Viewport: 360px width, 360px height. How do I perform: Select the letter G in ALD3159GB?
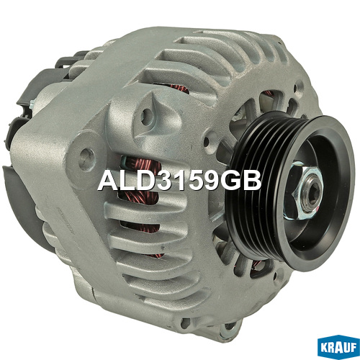pyautogui.click(x=230, y=181)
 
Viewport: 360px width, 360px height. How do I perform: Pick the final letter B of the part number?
pyautogui.click(x=252, y=181)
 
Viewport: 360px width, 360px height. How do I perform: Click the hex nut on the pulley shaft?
pyautogui.click(x=304, y=189)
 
